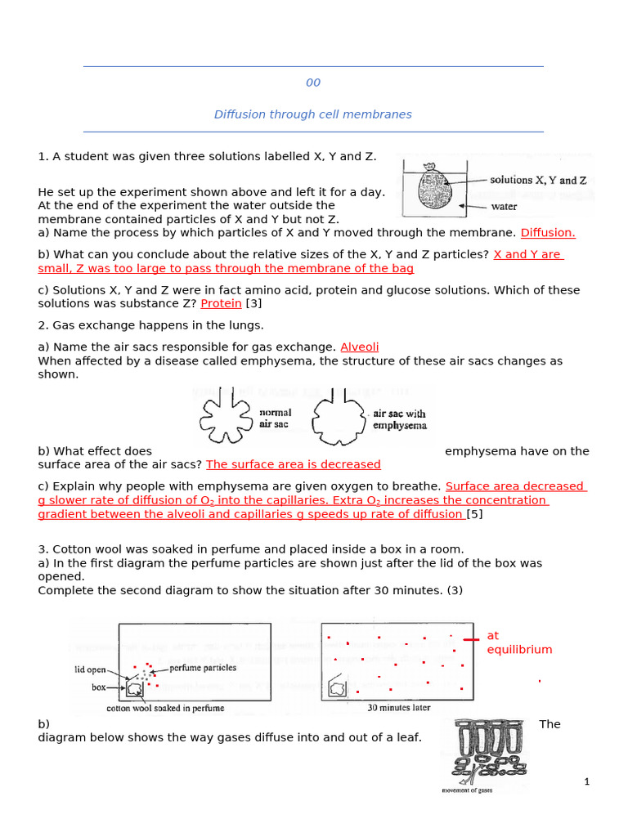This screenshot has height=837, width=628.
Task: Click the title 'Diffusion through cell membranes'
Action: (313, 114)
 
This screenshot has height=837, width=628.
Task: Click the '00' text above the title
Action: (313, 83)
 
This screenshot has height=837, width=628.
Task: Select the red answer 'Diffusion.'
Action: (548, 232)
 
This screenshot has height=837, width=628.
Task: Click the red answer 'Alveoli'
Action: (359, 347)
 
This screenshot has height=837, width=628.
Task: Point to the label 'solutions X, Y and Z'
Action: (537, 180)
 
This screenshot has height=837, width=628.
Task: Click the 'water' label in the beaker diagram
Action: (504, 207)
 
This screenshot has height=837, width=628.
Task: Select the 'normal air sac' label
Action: (275, 418)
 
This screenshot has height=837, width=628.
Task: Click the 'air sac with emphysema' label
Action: (399, 419)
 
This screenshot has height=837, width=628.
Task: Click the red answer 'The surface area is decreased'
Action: (294, 464)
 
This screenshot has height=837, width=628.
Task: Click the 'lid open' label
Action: (90, 669)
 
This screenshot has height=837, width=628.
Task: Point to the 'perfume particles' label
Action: (202, 668)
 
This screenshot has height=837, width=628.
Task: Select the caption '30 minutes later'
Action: (400, 708)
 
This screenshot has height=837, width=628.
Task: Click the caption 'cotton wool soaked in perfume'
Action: (165, 708)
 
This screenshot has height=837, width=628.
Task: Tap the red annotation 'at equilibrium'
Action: (518, 642)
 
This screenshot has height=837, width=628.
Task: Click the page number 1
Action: (586, 781)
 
